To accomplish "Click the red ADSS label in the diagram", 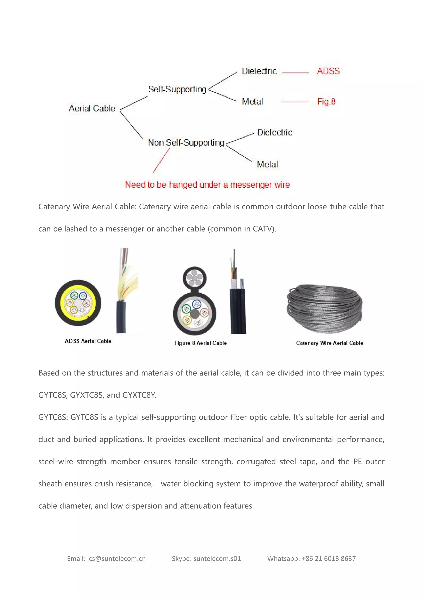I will tap(328, 71).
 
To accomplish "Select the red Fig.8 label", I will tap(326, 102).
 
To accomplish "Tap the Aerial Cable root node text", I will tap(92, 108).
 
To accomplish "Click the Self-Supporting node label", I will tap(177, 89).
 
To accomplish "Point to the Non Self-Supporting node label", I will tap(186, 143).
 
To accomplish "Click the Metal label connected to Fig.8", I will tap(252, 102).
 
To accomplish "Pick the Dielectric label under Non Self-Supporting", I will tap(274, 133).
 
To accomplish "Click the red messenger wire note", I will tap(207, 185).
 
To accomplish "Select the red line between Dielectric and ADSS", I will tap(295, 73).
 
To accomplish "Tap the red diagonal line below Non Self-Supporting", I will tap(161, 160).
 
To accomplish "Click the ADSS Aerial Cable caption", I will tap(88, 341).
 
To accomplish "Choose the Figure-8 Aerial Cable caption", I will tap(200, 343).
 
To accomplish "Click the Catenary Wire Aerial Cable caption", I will tap(329, 343).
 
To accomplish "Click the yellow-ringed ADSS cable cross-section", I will tap(78, 303).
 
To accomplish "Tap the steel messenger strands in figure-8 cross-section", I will tap(194, 278).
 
